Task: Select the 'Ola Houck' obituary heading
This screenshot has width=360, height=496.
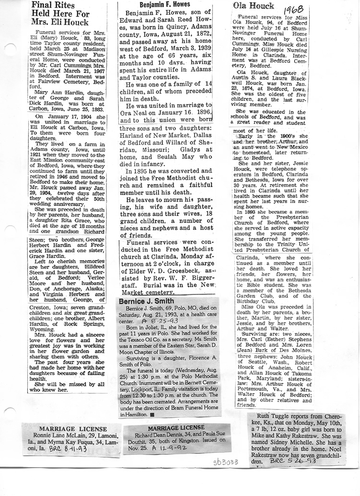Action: point(253,6)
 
